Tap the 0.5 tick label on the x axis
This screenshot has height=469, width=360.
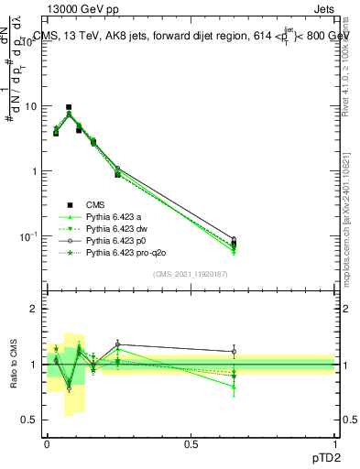click(191, 443)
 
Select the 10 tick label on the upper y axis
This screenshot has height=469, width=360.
click(30, 106)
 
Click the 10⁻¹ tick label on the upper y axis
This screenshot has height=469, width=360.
click(28, 236)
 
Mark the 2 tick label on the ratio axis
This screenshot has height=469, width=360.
click(34, 309)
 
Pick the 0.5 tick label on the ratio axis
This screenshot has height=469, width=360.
click(29, 421)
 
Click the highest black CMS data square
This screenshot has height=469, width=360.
click(69, 107)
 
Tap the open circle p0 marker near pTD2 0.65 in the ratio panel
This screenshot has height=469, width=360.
click(234, 352)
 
